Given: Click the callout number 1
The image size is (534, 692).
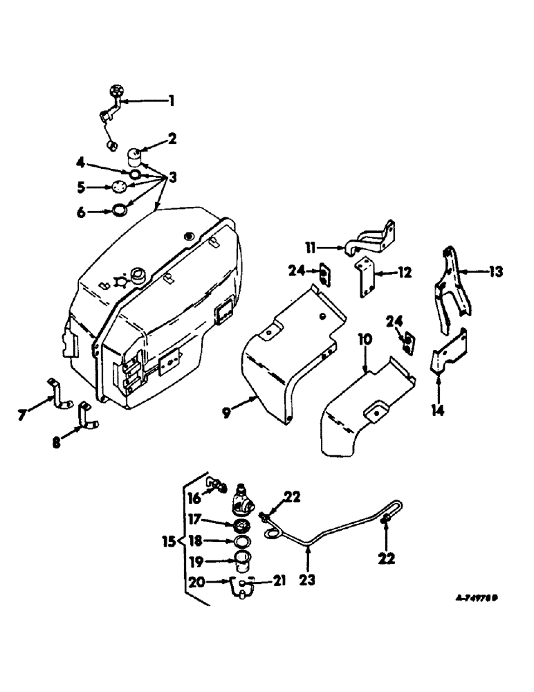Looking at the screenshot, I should pos(172,101).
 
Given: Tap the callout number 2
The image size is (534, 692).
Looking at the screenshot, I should pos(172,139).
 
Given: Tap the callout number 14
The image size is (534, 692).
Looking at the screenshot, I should pos(438,408).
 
